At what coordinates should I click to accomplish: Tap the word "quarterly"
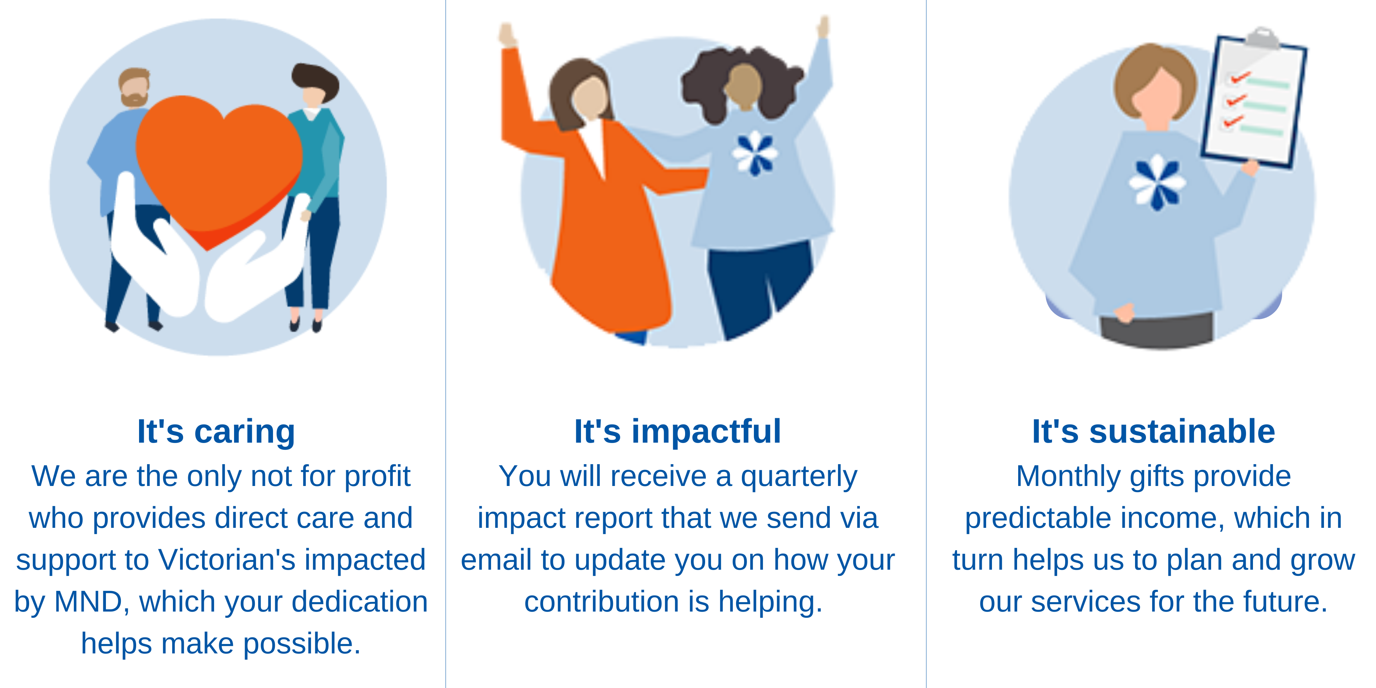[799, 477]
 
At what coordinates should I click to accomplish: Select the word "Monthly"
[1067, 477]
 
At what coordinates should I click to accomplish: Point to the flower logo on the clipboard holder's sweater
[1157, 182]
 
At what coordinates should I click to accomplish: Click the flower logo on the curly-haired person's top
[755, 154]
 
